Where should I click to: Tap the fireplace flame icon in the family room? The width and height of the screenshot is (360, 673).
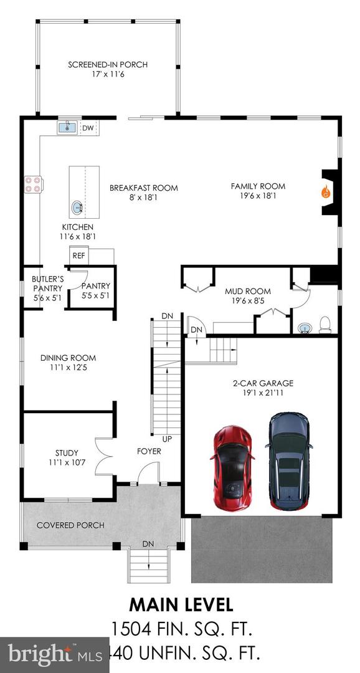click(x=325, y=192)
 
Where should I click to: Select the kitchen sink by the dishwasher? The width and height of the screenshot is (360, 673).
click(x=67, y=128)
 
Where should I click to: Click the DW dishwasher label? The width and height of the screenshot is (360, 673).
click(x=88, y=128)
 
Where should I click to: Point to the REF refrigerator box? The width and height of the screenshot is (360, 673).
click(x=78, y=255)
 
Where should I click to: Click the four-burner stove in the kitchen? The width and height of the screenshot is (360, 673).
click(x=32, y=184)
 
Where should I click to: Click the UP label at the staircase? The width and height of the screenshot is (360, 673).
click(x=166, y=439)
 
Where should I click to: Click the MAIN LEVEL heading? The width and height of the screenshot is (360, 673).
click(x=181, y=604)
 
